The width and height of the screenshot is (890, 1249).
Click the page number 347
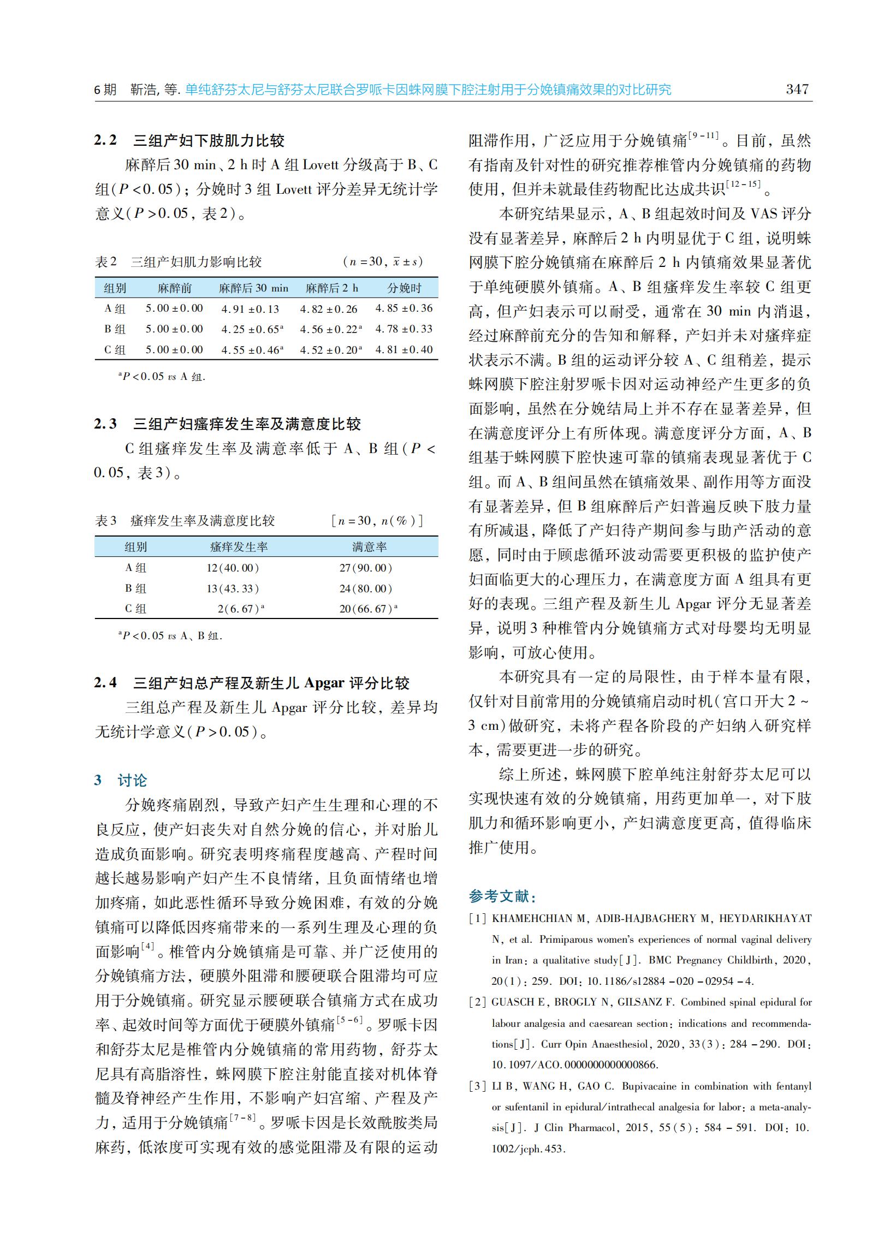tap(797, 90)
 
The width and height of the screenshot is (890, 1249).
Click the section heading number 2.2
tap(105, 140)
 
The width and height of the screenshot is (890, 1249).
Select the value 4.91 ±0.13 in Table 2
tap(250, 309)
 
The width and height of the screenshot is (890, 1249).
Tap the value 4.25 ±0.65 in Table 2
tap(250, 329)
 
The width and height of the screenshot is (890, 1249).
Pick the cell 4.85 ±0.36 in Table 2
tap(404, 308)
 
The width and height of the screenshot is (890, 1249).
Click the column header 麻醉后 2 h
tap(331, 288)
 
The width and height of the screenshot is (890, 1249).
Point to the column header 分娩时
tap(405, 288)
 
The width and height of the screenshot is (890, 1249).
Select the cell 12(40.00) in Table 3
tap(233, 568)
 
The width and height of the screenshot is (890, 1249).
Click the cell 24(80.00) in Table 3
tap(365, 588)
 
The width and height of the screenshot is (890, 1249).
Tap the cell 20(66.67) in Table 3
tap(365, 609)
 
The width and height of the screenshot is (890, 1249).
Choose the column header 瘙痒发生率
tap(239, 547)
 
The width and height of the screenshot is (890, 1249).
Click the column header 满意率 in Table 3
tap(369, 547)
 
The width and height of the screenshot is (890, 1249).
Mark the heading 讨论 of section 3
tap(132, 780)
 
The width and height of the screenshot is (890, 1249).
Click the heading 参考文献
tap(501, 896)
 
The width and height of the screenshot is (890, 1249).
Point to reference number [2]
tap(477, 1002)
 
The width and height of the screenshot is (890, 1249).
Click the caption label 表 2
tap(106, 262)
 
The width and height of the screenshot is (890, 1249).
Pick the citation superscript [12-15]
tap(744, 184)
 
